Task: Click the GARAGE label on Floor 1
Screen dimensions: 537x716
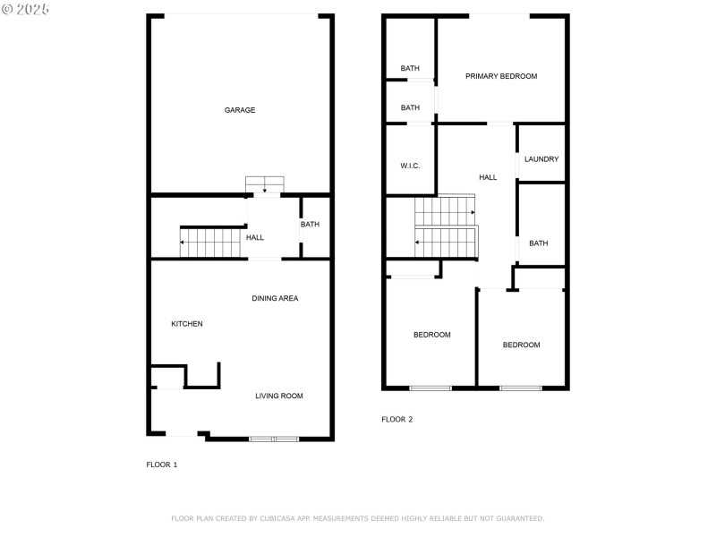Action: [240, 110]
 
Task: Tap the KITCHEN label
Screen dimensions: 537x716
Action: [187, 324]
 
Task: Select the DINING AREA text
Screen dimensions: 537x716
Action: [275, 298]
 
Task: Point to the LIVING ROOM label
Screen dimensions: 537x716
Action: [279, 396]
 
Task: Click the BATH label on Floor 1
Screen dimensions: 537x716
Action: [310, 225]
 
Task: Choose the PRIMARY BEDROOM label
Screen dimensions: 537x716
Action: [501, 76]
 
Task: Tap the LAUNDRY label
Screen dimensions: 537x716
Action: [541, 159]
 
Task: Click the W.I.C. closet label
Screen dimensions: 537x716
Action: [410, 166]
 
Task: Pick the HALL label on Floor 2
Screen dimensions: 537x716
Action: [488, 177]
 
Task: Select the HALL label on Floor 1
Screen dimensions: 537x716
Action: [255, 237]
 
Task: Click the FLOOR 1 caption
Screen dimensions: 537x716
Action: [162, 465]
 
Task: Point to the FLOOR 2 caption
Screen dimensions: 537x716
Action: [397, 419]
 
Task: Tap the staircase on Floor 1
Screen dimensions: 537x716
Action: [212, 243]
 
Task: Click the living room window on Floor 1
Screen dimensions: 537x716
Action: [274, 439]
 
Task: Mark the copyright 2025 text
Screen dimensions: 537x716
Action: [26, 8]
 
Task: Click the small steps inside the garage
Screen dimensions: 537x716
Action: [265, 183]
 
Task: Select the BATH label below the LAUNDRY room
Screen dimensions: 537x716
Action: [538, 243]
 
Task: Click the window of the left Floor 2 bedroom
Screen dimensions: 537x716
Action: [430, 388]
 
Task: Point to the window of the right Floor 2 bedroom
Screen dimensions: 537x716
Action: [521, 388]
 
